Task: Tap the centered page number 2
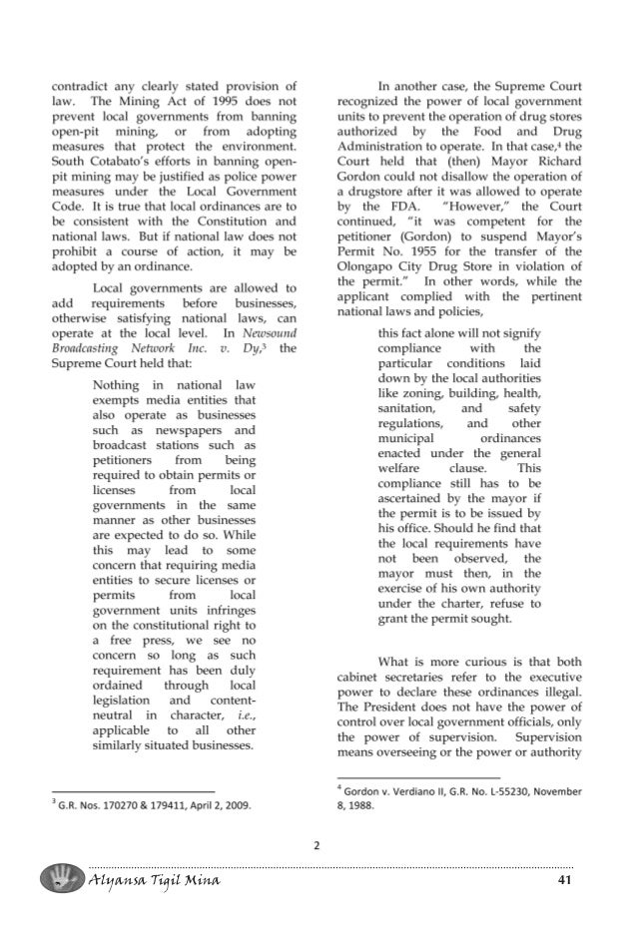click(318, 846)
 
